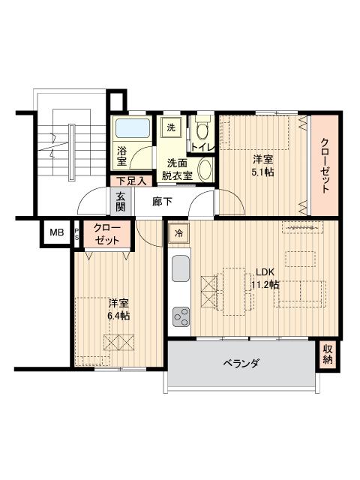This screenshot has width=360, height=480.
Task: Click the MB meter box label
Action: (56, 232)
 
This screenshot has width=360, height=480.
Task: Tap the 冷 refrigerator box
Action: (178, 233)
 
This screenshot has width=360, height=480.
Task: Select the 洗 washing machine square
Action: (172, 127)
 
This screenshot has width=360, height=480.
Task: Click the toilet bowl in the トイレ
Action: (202, 128)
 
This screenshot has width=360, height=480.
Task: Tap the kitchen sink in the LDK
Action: (181, 269)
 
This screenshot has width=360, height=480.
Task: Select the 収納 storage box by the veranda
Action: (328, 354)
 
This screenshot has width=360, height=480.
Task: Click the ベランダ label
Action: (241, 363)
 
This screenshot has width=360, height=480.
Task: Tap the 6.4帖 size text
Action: (118, 316)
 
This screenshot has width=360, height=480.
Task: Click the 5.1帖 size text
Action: (262, 171)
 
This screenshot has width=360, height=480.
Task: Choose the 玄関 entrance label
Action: (121, 201)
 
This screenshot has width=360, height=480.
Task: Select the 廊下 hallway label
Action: (162, 201)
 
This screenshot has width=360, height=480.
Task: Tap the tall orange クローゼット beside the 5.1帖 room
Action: (325, 165)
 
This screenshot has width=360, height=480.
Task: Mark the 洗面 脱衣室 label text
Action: (179, 169)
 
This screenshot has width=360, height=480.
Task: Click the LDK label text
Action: (265, 272)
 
